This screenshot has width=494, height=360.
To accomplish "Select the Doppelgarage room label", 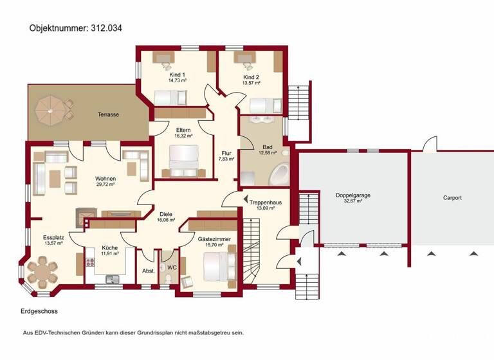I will point(353,195).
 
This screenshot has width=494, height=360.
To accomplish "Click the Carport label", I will point(452,198).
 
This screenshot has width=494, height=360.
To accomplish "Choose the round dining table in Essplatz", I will point(42,270).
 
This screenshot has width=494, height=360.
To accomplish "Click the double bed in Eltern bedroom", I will point(183,157).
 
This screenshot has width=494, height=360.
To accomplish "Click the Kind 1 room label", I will point(178,75).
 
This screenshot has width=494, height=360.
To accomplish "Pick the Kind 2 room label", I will point(251,76).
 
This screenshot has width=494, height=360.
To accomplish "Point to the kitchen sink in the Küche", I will point(113,278).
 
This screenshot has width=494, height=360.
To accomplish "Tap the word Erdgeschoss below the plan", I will point(39,311).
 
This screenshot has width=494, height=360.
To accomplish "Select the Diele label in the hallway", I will point(166,214).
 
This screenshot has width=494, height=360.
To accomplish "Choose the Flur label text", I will point(226,153).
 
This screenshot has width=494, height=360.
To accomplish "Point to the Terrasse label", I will point(108,114).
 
